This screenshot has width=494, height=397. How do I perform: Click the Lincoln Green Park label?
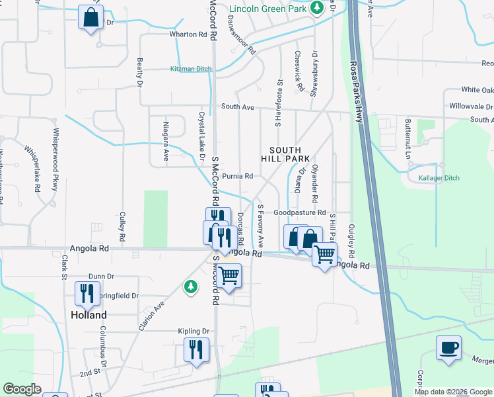tap(267, 9)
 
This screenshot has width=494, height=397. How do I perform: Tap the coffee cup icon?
tap(448, 348)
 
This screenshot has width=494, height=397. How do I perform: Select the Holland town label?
tap(88, 315)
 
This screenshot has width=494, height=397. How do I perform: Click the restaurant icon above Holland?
tap(87, 293)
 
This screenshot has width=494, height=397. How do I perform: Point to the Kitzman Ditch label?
tap(191, 69)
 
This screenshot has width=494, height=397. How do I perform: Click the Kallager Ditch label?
tap(439, 178)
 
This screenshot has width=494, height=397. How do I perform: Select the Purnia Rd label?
tap(238, 176)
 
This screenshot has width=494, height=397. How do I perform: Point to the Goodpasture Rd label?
tap(300, 213)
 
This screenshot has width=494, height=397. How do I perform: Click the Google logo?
tap(22, 389)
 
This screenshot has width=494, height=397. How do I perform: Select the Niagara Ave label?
tap(166, 145)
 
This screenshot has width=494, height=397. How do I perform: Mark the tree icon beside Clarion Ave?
tap(191, 286)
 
